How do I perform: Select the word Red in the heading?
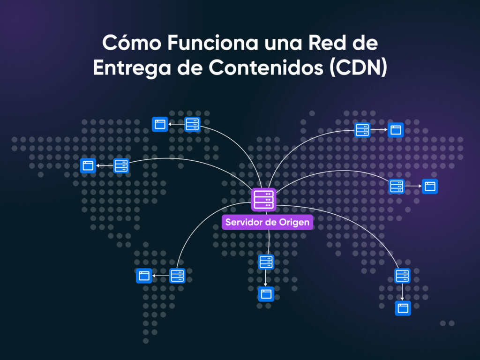pyautogui.click(x=331, y=44)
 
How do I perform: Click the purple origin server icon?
pyautogui.click(x=263, y=200)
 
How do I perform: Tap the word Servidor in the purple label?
pyautogui.click(x=244, y=222)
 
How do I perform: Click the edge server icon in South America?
pyautogui.click(x=177, y=276)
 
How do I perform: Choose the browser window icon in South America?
pyautogui.click(x=144, y=276)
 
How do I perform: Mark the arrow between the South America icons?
pyautogui.click(x=161, y=276)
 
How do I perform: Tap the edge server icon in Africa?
pyautogui.click(x=266, y=262)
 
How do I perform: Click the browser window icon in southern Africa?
pyautogui.click(x=266, y=294)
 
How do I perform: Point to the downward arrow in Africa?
pyautogui.click(x=266, y=278)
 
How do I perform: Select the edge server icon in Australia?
pyautogui.click(x=402, y=276)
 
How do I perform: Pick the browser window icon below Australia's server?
pyautogui.click(x=402, y=308)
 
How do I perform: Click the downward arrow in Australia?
pyautogui.click(x=402, y=292)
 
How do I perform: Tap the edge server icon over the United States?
pyautogui.click(x=121, y=165)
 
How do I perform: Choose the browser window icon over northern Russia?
pyautogui.click(x=396, y=130)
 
